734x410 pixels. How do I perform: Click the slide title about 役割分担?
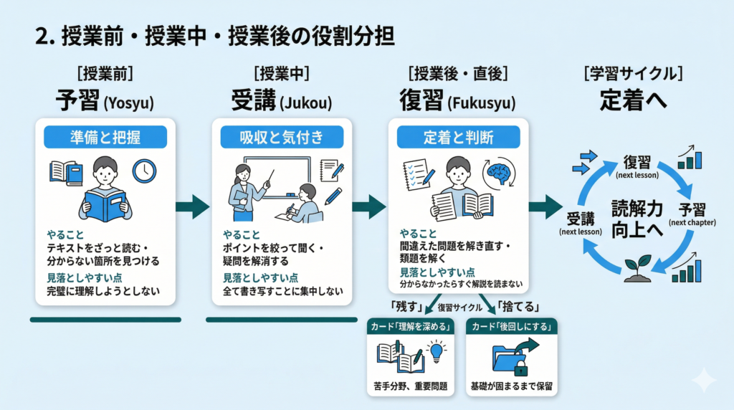pyautogui.click(x=214, y=37)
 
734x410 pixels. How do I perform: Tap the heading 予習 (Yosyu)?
pyautogui.click(x=105, y=101)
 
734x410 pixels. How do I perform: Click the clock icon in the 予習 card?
pyautogui.click(x=144, y=170)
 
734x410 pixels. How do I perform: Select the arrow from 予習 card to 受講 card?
pyautogui.click(x=192, y=207)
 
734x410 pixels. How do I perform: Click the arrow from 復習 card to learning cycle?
pyautogui.click(x=545, y=207)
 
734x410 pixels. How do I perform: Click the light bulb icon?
pyautogui.click(x=437, y=351)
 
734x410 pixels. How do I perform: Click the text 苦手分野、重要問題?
pyautogui.click(x=411, y=386)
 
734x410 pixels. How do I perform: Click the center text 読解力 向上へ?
pyautogui.click(x=636, y=217)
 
